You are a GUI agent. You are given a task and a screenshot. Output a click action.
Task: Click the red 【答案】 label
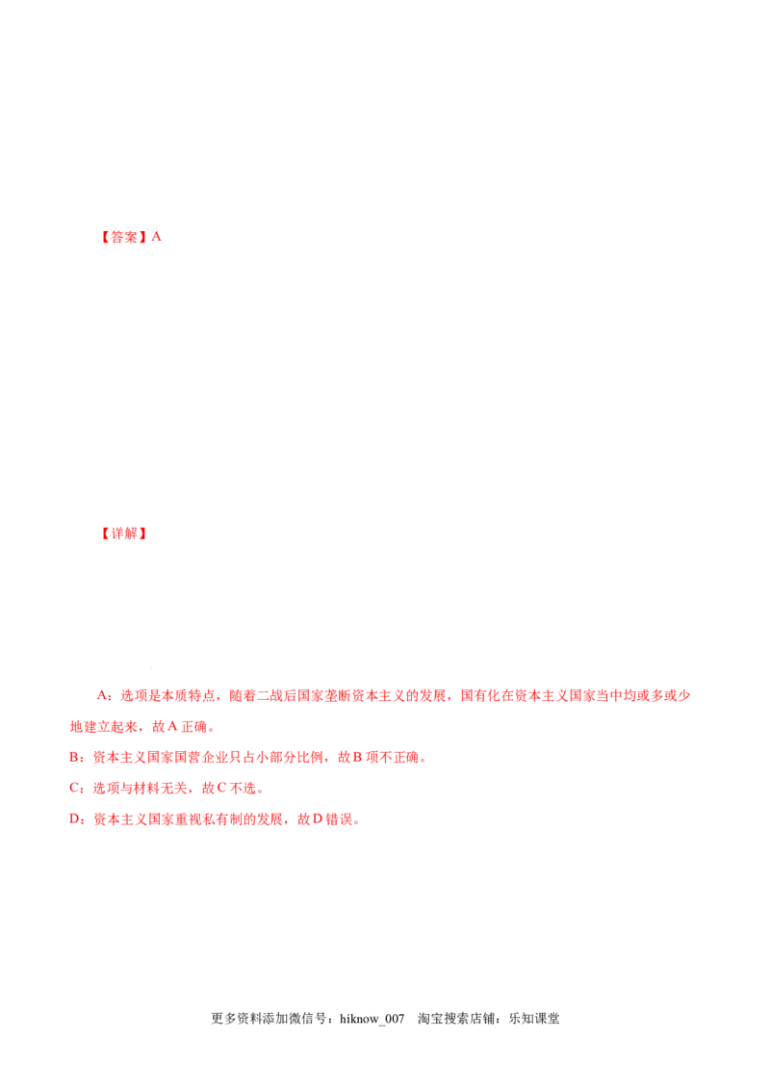(x=123, y=236)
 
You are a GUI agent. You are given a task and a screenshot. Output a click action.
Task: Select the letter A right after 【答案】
(x=157, y=235)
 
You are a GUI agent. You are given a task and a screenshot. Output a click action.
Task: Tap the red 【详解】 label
(x=123, y=534)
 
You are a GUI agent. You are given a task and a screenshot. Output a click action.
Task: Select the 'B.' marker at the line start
(x=76, y=758)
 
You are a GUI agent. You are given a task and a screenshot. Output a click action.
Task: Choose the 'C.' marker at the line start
(x=76, y=788)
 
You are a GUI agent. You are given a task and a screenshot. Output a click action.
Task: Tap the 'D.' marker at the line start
(x=76, y=819)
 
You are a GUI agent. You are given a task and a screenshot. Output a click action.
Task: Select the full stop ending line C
(x=259, y=792)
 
